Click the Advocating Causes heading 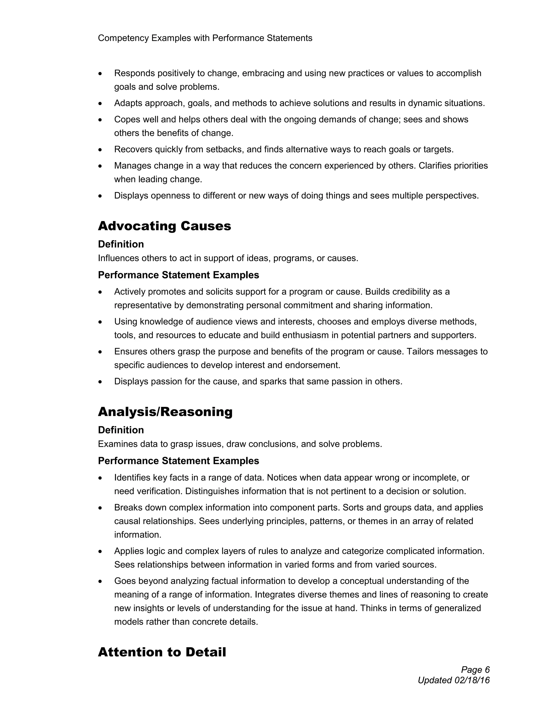(164, 226)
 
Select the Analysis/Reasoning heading (165, 412)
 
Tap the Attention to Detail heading (162, 652)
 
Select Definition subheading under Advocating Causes (121, 244)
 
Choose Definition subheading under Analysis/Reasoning (121, 430)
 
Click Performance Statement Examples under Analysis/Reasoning (178, 461)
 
